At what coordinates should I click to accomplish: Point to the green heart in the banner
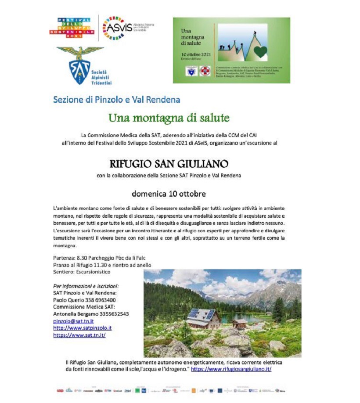pyautogui.click(x=260, y=52)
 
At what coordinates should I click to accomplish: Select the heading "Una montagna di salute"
pyautogui.click(x=169, y=118)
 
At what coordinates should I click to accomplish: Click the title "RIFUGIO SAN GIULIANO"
pyautogui.click(x=169, y=164)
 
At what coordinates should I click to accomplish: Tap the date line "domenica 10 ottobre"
pyautogui.click(x=169, y=194)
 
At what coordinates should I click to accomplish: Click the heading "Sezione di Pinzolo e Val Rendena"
pyautogui.click(x=117, y=99)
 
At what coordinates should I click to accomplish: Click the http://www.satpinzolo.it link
pyautogui.click(x=82, y=328)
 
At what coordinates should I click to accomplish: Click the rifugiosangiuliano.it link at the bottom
pyautogui.click(x=231, y=369)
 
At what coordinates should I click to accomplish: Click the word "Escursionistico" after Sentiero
pyautogui.click(x=93, y=272)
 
